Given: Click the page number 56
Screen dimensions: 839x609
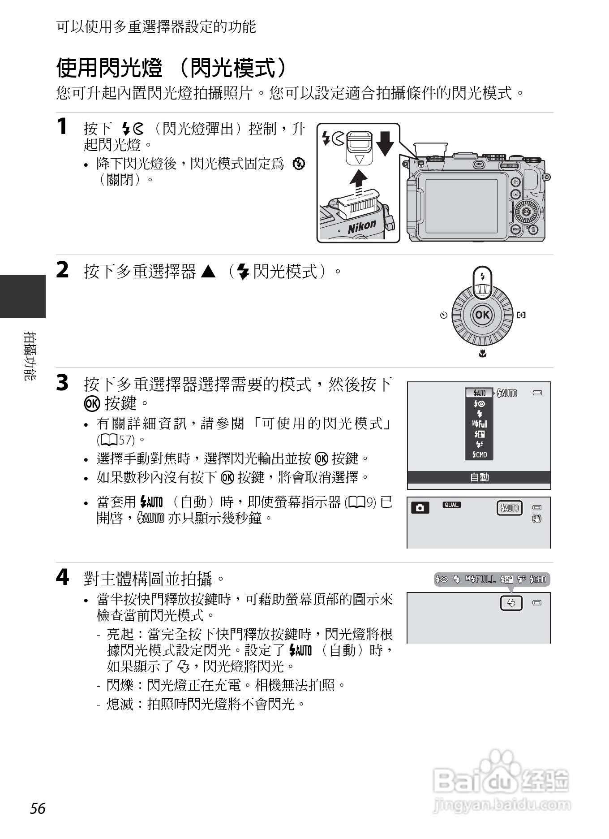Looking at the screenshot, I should [38, 808].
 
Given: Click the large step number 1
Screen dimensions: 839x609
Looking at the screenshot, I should [62, 126].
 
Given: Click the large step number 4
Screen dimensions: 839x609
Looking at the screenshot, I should [62, 577].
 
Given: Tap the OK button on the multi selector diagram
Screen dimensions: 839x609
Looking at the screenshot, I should [482, 315].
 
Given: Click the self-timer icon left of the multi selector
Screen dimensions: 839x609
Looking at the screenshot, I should [443, 315].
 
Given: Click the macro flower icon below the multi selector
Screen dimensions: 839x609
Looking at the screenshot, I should [482, 354].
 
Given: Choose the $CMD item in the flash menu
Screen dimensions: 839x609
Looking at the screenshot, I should [480, 455].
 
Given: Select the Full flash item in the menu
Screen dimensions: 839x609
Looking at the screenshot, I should [480, 424].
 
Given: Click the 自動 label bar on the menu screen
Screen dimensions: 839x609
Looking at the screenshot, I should [479, 477].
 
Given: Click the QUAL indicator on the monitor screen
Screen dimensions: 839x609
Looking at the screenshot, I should [451, 505].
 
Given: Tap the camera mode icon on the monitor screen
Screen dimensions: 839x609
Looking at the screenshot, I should [420, 507].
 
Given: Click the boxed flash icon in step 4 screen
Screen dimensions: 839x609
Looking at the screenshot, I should [511, 603].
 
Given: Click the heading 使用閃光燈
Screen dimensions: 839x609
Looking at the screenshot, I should [110, 68].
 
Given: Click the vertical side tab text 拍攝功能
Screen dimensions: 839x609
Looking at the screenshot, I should [30, 356].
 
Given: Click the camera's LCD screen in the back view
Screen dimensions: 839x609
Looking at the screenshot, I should [461, 206].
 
